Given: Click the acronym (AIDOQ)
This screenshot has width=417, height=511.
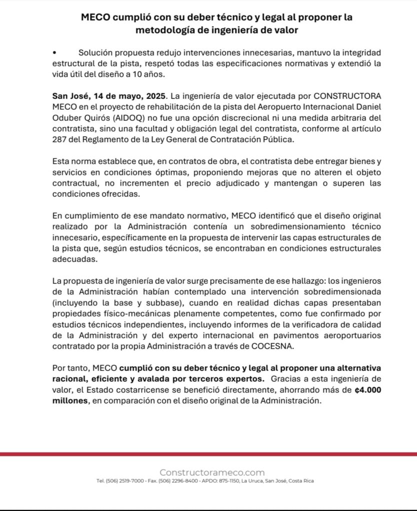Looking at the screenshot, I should pos(122,118).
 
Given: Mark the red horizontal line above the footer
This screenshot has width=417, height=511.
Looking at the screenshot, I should pos(208,454).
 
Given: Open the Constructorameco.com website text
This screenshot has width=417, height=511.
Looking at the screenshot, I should pos(212,472).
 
